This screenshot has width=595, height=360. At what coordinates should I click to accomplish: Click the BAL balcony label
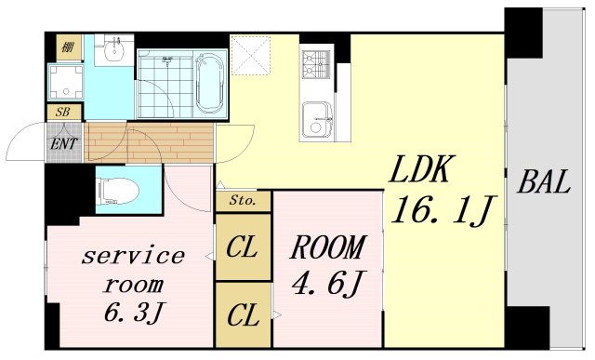[x=544, y=182]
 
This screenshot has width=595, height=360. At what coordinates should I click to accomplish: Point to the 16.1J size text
[x=443, y=210]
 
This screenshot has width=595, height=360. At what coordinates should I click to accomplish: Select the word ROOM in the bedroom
[x=328, y=247]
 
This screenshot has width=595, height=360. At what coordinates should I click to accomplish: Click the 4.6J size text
[x=328, y=284]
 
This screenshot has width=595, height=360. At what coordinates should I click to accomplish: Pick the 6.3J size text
[x=134, y=312]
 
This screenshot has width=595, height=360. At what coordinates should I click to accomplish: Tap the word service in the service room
[x=133, y=257]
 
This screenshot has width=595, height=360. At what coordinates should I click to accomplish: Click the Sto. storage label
[x=243, y=201]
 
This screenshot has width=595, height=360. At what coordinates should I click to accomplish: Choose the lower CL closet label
[x=244, y=315]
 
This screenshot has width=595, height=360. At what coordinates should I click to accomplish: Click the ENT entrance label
[x=64, y=143]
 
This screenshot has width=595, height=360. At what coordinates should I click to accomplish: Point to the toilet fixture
[x=118, y=191]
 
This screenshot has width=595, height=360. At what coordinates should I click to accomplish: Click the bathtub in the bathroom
[x=209, y=83]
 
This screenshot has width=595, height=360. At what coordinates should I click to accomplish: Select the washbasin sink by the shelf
[x=113, y=51]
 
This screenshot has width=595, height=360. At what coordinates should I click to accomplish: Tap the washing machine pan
[x=66, y=83]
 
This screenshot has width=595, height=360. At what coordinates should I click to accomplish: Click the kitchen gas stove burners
[x=315, y=65]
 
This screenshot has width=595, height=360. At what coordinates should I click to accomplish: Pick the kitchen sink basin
[x=317, y=120]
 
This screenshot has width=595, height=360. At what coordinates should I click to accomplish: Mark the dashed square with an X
[x=250, y=56]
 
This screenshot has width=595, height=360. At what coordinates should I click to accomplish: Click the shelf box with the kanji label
[x=69, y=47]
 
